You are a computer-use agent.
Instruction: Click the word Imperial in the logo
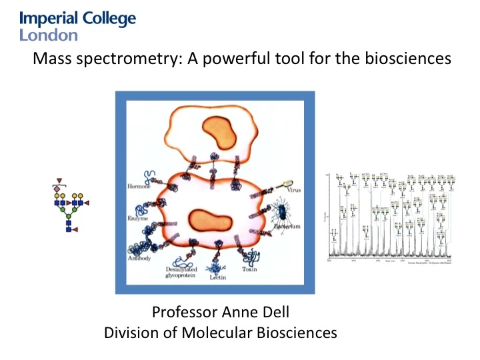pyautogui.click(x=47, y=19)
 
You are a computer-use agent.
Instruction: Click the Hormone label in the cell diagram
pyautogui.click(x=139, y=186)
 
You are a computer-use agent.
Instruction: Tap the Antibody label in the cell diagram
pyautogui.click(x=141, y=257)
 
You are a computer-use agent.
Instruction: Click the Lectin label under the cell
pyautogui.click(x=217, y=275)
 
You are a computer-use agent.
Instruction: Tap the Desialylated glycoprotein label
pyautogui.click(x=180, y=272)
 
